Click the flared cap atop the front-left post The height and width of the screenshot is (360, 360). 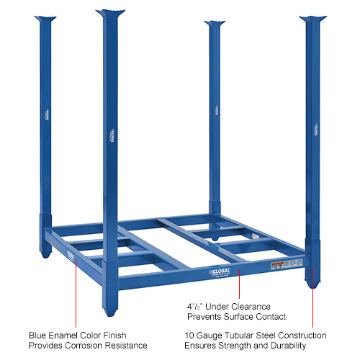(x=112, y=13)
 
